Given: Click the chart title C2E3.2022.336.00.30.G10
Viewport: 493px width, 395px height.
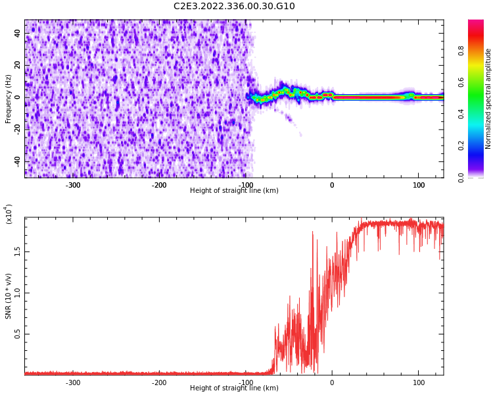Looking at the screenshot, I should [x=234, y=7].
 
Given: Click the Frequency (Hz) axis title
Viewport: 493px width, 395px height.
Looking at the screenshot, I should [x=9, y=99].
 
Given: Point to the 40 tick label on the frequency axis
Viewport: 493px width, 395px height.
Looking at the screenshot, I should [x=17, y=34].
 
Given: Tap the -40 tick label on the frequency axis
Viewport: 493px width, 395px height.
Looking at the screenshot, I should [x=16, y=161].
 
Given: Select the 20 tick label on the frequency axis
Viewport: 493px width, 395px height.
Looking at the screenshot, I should [x=17, y=66].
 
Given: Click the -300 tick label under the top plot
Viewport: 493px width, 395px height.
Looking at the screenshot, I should [x=72, y=185].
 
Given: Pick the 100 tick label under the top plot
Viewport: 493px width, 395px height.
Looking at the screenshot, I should [x=419, y=185].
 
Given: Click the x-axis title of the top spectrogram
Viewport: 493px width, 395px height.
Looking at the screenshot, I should [x=234, y=191].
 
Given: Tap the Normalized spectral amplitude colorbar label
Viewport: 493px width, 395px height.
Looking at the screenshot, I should [x=488, y=99].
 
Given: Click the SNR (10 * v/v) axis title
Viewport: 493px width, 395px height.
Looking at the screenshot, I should [x=9, y=296].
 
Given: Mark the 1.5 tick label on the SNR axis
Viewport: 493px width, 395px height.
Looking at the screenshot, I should [x=17, y=251].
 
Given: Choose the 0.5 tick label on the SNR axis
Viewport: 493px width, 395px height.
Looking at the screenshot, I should [x=17, y=334].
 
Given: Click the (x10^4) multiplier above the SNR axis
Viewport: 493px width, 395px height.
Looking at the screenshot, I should [x=9, y=214].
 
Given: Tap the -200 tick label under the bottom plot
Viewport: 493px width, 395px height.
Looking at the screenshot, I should [x=159, y=382].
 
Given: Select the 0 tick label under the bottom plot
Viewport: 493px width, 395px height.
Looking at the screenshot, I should [x=332, y=382].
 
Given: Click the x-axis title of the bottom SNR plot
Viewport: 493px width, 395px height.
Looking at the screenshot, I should [x=234, y=388].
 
